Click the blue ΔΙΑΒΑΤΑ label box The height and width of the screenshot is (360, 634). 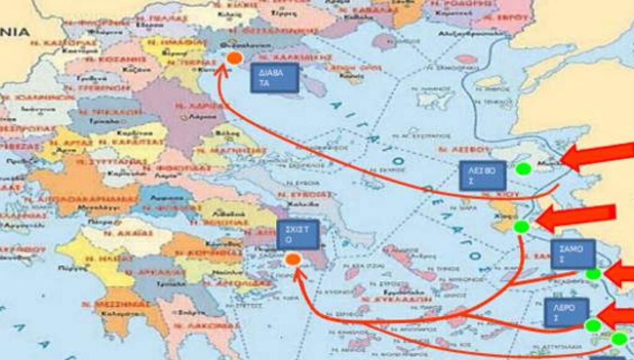pos(274,77)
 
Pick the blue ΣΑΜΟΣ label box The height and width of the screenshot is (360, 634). pos(573,254)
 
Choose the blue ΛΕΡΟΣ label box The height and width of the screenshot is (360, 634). pos(566,312)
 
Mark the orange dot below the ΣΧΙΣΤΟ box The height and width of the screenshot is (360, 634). pos(293,260)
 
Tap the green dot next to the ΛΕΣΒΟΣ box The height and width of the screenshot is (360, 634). pos(524,168)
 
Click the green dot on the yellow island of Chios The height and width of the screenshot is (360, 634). pos(521,227)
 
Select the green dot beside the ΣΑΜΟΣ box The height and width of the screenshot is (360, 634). pos(593,274)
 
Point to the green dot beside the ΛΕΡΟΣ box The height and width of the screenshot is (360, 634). pos(593,325)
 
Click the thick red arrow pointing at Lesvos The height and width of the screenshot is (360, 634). pos(598,157)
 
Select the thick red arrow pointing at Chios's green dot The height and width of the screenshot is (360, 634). pos(576,217)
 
